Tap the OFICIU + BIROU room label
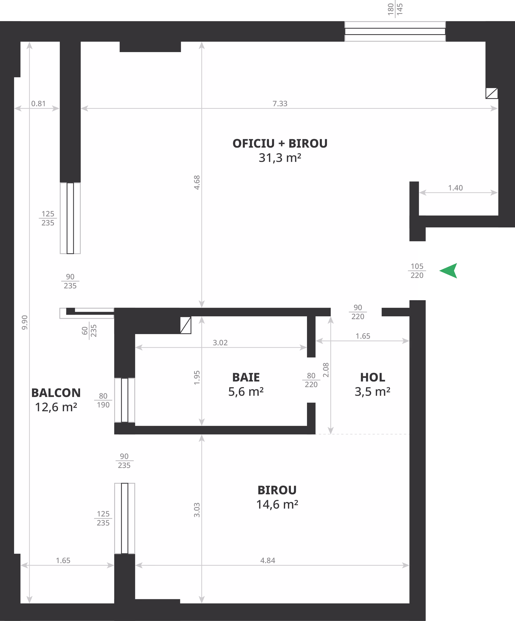click(280, 143)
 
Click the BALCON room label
click(56, 393)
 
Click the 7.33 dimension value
click(280, 104)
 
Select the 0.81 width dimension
click(38, 104)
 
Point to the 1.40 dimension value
click(455, 188)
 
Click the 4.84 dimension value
click(268, 560)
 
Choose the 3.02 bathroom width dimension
click(220, 342)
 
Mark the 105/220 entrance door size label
click(417, 270)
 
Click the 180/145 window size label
click(395, 9)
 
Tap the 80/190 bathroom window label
click(103, 400)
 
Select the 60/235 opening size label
click(89, 331)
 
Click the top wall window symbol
click(395, 31)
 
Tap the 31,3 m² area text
click(280, 158)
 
